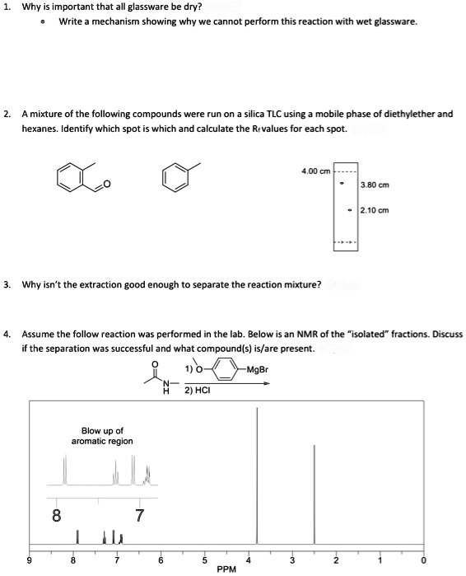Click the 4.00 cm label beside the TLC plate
point(316,171)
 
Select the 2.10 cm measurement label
point(375,210)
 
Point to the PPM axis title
point(228,569)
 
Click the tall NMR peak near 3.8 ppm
point(258,478)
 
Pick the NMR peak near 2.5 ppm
point(314,494)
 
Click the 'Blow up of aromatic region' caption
point(103,436)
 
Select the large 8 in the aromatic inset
point(56,517)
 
